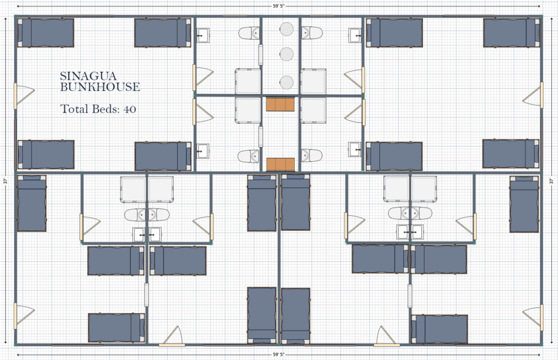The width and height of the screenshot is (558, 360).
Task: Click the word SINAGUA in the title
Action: point(88,76)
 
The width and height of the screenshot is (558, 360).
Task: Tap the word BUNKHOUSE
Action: point(100,87)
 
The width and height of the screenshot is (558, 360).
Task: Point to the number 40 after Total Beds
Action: point(130,109)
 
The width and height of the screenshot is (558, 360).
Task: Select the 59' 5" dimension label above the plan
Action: point(278,7)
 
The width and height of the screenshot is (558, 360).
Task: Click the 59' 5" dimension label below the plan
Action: point(278,355)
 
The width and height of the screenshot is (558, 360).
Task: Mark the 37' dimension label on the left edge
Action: point(5,181)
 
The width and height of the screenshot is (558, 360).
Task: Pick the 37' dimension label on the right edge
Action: point(551,181)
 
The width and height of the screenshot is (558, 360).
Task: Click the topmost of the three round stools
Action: point(287,29)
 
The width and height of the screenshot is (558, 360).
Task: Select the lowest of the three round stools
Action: point(287,82)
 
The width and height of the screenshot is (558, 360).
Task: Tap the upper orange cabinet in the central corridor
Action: point(281,104)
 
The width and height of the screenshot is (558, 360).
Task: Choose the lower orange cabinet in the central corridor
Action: point(281,164)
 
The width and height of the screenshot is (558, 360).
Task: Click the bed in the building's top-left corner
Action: point(46,33)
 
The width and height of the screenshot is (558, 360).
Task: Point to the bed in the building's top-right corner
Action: point(511,33)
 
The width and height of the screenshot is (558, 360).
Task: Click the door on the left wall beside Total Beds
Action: point(24,96)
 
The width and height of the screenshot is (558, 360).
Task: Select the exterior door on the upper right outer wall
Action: point(533,95)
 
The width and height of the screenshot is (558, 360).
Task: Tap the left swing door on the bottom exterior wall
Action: point(172,337)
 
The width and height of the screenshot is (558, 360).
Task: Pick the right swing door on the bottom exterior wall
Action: point(387,337)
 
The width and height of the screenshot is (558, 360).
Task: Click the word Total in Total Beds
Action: point(74,109)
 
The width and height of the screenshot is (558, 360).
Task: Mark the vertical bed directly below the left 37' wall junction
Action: point(32,204)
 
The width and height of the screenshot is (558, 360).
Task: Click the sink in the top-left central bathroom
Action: point(204,35)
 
